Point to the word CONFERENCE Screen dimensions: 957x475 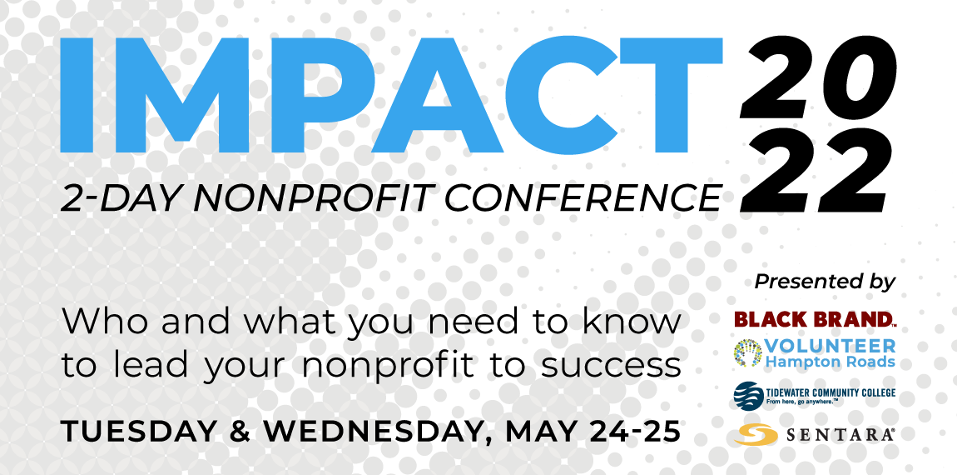click(x=583, y=198)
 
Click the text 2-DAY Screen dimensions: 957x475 click(x=124, y=198)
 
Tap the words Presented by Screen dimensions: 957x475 click(x=826, y=282)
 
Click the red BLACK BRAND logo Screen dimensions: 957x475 click(x=815, y=319)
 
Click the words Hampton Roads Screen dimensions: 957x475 click(x=830, y=362)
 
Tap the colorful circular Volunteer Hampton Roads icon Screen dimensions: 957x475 click(x=747, y=353)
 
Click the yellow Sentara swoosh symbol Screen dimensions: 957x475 click(x=756, y=435)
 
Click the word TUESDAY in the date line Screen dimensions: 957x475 click(x=138, y=432)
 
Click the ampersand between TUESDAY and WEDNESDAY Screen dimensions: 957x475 click(x=240, y=432)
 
